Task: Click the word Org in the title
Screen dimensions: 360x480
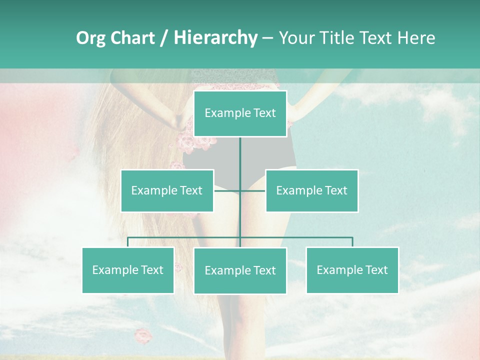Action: pos(91,38)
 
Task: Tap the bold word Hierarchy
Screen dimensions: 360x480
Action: pos(215,38)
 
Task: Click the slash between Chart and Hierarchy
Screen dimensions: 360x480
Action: pos(164,38)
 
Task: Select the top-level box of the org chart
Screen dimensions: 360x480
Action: pos(240,113)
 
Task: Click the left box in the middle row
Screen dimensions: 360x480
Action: pos(167,190)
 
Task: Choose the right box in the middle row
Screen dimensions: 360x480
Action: pos(311,190)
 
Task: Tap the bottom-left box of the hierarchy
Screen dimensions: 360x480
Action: pos(128,270)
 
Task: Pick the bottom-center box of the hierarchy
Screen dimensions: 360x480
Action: pos(240,270)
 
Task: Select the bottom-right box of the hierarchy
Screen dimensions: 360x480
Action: pos(352,270)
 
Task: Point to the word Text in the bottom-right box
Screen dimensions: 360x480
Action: pos(376,270)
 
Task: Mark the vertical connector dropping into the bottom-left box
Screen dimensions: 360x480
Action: pos(128,242)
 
